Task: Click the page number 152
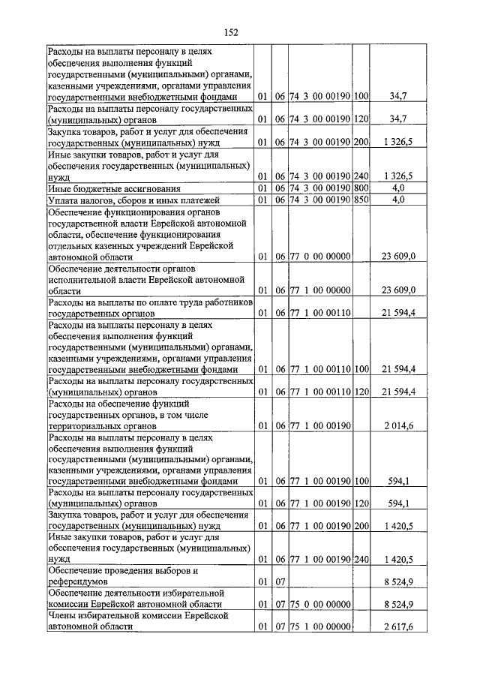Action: [231, 32]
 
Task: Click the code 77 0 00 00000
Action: [320, 256]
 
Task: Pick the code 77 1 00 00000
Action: [320, 290]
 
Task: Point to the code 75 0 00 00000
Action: [320, 603]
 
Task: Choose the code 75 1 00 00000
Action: [320, 625]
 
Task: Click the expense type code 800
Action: [361, 187]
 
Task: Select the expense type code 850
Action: [361, 200]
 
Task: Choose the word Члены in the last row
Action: [63, 614]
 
